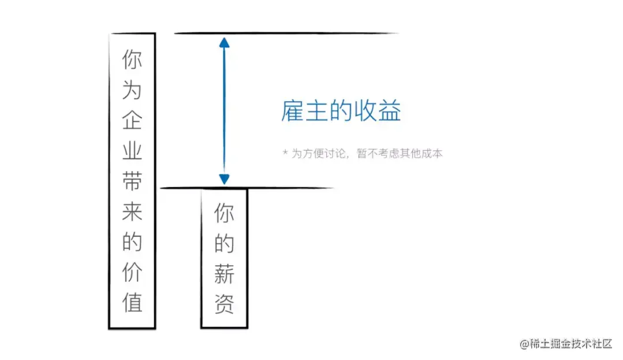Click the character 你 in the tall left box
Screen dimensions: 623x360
[x=132, y=60]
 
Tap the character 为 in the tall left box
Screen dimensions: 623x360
[x=132, y=90]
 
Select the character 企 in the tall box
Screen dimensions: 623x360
[x=132, y=121]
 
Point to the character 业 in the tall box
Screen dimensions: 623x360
[x=132, y=151]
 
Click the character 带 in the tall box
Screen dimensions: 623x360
[x=132, y=181]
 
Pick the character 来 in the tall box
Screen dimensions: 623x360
[x=132, y=212]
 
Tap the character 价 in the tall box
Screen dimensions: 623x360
[x=132, y=273]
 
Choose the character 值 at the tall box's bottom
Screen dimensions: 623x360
[x=132, y=303]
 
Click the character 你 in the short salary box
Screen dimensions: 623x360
[x=224, y=214]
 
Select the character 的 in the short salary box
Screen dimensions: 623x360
[x=224, y=244]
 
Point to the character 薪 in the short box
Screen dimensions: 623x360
[x=224, y=275]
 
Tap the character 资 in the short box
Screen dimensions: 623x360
[x=224, y=305]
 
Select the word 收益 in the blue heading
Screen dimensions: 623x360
[x=380, y=111]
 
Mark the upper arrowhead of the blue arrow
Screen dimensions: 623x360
[x=224, y=42]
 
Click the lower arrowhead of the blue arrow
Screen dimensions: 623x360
[x=224, y=179]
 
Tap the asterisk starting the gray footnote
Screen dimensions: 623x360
[x=285, y=153]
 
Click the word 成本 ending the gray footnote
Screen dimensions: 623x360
[x=434, y=153]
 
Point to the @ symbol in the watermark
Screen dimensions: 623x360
[x=524, y=344]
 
